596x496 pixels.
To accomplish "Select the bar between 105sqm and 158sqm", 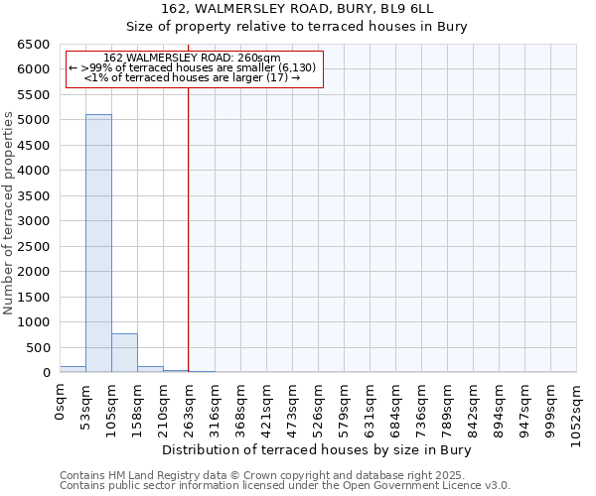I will tap(124, 353).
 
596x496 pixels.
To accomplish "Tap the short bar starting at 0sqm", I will tap(73, 369).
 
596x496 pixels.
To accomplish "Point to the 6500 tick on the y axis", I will tap(34, 45).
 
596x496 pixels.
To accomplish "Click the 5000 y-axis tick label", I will tap(34, 120).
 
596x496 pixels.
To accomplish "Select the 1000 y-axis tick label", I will tap(34, 322).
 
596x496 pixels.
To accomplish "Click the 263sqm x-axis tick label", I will tap(190, 403).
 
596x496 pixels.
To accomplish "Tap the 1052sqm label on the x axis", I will tap(577, 407).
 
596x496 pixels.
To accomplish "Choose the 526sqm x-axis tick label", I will tap(319, 403).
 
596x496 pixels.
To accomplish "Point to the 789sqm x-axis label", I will tap(448, 403).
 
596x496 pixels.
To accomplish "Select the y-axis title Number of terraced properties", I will tap(9, 213).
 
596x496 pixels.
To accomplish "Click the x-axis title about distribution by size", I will tap(317, 450).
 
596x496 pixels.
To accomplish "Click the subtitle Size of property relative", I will tap(298, 27).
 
